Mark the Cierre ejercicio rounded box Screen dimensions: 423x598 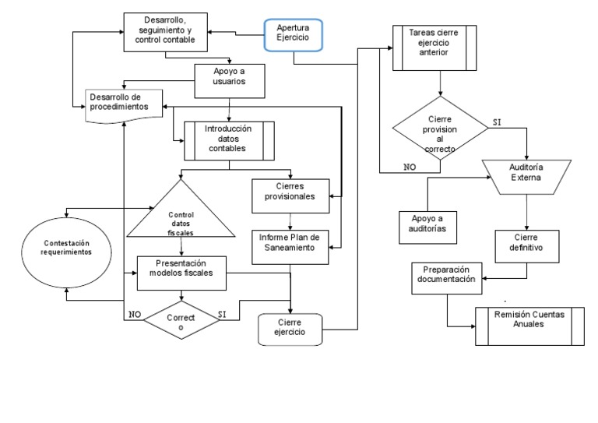click(290, 328)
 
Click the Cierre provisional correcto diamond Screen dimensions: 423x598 click(441, 131)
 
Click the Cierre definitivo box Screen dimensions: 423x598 click(528, 241)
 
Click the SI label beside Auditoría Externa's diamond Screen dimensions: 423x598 click(497, 122)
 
